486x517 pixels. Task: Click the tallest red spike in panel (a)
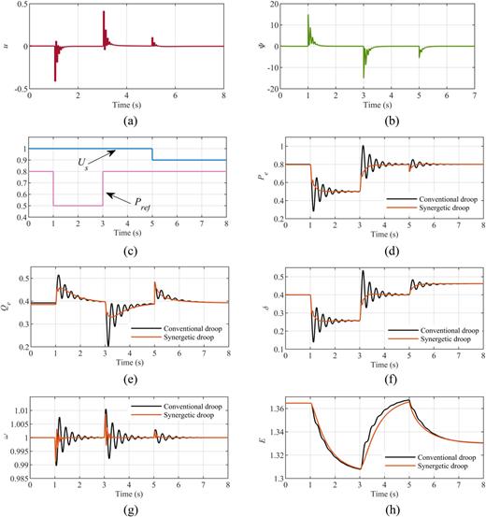tap(104, 13)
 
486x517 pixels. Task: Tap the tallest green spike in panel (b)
tap(308, 17)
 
